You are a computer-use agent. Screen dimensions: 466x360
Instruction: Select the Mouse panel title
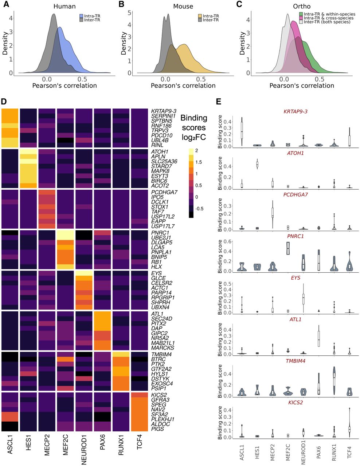(x=183, y=7)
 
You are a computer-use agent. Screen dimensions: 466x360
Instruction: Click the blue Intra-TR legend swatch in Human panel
(x=82, y=16)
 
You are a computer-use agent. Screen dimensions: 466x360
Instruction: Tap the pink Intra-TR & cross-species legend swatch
(x=301, y=18)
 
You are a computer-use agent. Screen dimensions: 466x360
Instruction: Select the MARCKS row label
(x=161, y=348)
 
